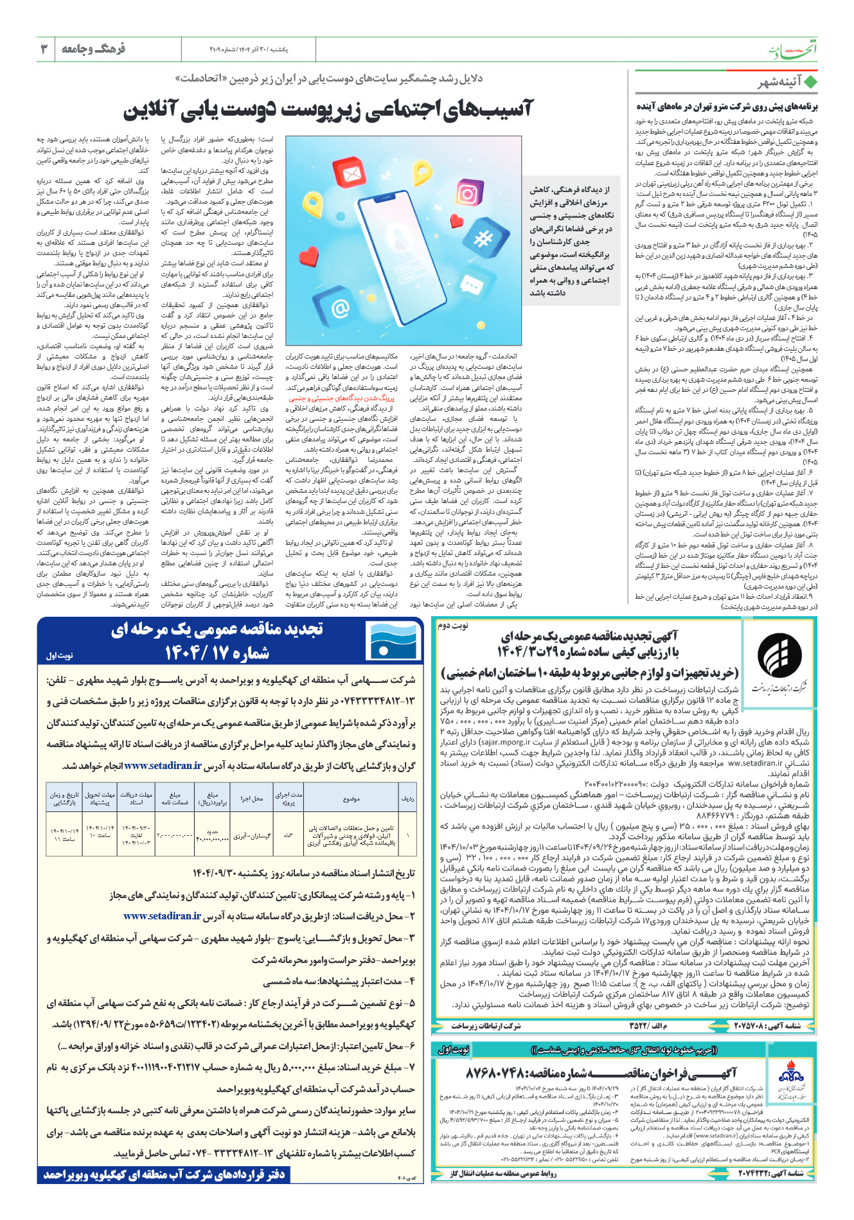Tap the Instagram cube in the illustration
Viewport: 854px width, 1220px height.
tap(468, 194)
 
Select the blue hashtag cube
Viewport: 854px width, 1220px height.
tap(482, 240)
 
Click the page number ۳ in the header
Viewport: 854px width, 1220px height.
tap(44, 49)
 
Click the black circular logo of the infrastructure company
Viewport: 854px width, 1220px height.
tap(779, 655)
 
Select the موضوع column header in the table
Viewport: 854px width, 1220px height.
tap(351, 799)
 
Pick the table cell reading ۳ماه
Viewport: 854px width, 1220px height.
tap(289, 836)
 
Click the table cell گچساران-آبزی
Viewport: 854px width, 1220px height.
tap(252, 836)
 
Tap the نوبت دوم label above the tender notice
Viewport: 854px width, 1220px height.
tap(454, 624)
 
